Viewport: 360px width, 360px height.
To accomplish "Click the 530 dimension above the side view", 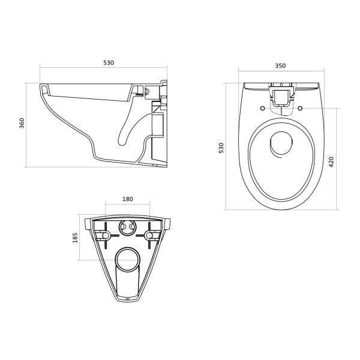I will click(108, 62).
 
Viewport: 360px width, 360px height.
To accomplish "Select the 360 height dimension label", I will click(22, 124).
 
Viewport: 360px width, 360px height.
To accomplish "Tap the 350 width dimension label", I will click(280, 66).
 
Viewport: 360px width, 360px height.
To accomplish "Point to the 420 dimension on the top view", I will click(331, 161).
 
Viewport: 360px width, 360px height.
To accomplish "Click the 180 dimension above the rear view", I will click(127, 199).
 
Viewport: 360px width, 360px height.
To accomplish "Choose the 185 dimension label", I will click(75, 238).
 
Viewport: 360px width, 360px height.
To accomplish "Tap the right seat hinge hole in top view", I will click(299, 109).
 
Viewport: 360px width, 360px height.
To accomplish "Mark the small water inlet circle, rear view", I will click(127, 227).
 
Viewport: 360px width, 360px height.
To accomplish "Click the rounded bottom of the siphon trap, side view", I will click(122, 142).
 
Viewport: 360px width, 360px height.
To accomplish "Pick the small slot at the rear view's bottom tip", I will click(127, 298).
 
